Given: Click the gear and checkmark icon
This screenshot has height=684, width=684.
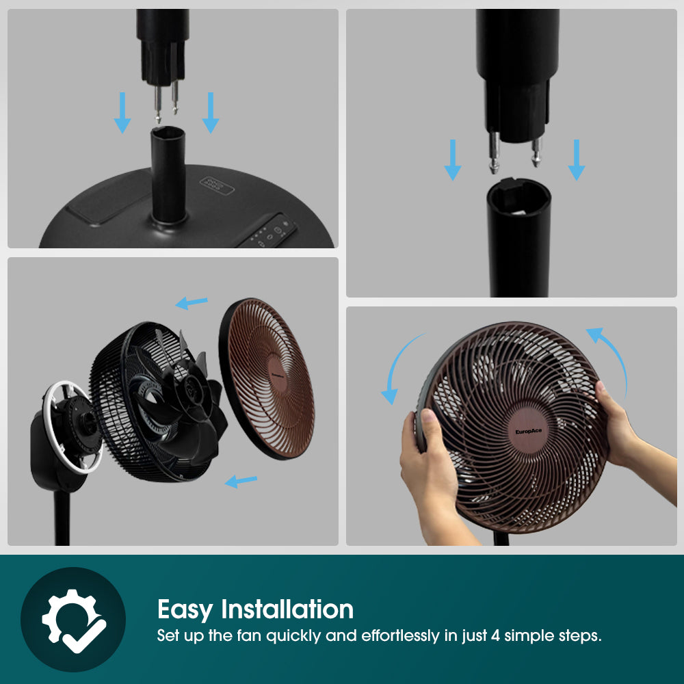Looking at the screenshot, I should [73, 620].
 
